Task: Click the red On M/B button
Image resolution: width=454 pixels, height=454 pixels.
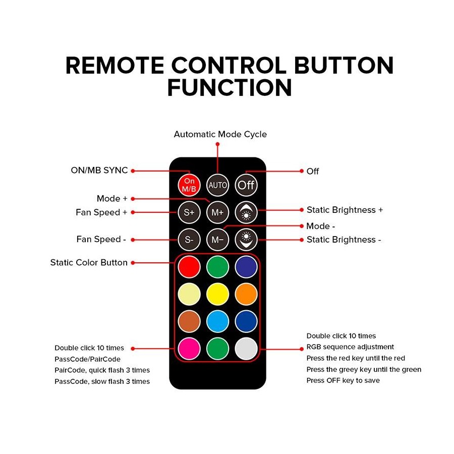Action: pyautogui.click(x=189, y=185)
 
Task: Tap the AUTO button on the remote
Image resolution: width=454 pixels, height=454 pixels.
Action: pyautogui.click(x=217, y=185)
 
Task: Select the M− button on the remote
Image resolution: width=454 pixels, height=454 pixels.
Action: pyautogui.click(x=217, y=240)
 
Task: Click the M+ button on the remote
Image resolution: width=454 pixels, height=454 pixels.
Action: pyautogui.click(x=217, y=212)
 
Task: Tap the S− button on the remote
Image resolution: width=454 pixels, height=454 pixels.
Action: pyautogui.click(x=189, y=240)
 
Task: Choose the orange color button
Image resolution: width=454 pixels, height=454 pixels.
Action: pyautogui.click(x=246, y=294)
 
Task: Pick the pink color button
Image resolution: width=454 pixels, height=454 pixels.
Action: pyautogui.click(x=189, y=349)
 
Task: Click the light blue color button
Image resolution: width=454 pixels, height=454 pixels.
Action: pyautogui.click(x=217, y=321)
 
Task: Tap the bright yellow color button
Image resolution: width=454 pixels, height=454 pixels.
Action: pyautogui.click(x=217, y=294)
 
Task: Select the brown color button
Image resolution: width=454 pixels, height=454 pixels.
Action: pyautogui.click(x=189, y=321)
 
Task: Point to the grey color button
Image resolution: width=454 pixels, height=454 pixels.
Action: pyautogui.click(x=246, y=349)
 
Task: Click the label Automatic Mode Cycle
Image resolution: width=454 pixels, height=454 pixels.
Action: pyautogui.click(x=220, y=134)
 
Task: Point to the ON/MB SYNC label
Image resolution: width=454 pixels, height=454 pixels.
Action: pyautogui.click(x=99, y=171)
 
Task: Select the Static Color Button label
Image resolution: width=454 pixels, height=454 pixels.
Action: pyautogui.click(x=89, y=262)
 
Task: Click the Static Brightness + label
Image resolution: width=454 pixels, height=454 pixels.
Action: pyautogui.click(x=345, y=210)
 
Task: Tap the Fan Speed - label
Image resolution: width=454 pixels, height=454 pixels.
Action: pyautogui.click(x=101, y=239)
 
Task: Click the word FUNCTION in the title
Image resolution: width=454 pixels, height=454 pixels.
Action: pyautogui.click(x=230, y=87)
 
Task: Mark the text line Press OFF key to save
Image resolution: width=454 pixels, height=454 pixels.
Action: pyautogui.click(x=343, y=380)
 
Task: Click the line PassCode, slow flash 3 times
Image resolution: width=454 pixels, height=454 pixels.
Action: pyautogui.click(x=102, y=381)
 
